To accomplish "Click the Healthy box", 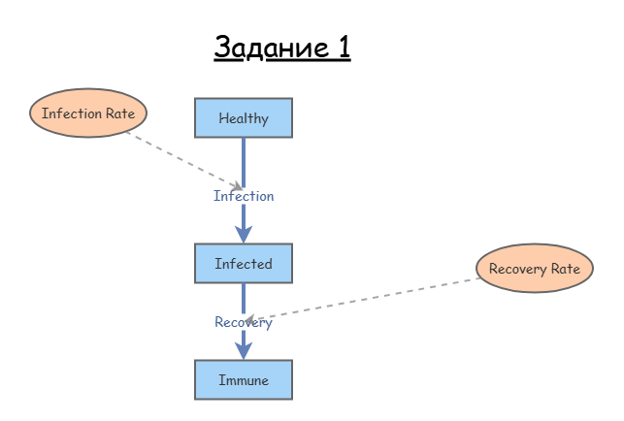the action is click(x=244, y=117).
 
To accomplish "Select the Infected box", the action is click(x=244, y=264).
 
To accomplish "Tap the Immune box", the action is click(x=244, y=379).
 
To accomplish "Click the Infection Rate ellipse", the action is click(x=88, y=113).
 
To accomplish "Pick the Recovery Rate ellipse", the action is click(x=535, y=268).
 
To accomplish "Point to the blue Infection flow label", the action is click(x=244, y=196).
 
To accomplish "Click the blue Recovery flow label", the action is click(x=244, y=322).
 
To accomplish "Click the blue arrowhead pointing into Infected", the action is click(x=244, y=234).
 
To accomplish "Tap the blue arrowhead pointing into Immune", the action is click(x=244, y=350).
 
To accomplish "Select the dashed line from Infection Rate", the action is click(x=183, y=159).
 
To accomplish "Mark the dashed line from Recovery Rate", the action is click(x=362, y=299).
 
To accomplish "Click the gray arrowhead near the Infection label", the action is click(x=238, y=186).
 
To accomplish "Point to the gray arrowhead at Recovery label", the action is click(x=249, y=319).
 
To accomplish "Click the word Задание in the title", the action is click(x=272, y=48).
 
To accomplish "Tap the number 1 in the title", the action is click(x=344, y=47).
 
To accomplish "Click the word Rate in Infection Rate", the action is click(x=120, y=113).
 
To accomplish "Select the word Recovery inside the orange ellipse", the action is click(x=518, y=269).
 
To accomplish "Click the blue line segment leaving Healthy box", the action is click(x=244, y=163).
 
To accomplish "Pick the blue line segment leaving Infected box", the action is click(x=244, y=299).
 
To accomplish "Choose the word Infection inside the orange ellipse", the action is click(x=72, y=113).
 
